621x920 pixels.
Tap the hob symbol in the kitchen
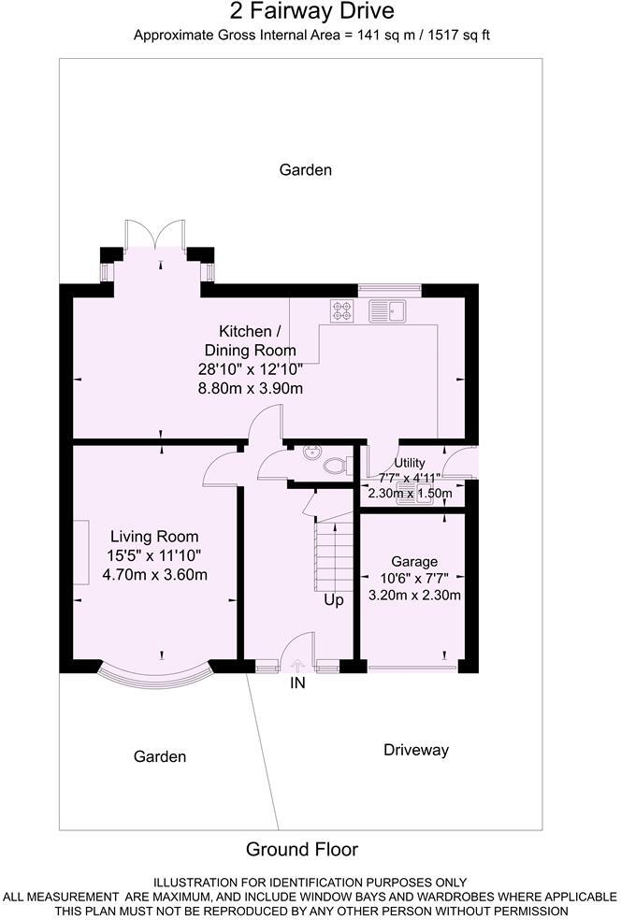pos(340,310)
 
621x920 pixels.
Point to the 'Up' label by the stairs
pos(333,599)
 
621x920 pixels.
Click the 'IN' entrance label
pos(298,683)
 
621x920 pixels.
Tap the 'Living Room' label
pos(154,537)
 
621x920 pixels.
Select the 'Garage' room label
pos(414,561)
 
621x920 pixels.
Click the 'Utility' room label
pos(410,463)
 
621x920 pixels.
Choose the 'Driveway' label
pos(416,750)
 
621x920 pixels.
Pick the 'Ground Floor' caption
pos(301,849)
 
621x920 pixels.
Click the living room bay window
pos(154,675)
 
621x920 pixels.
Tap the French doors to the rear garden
pos(155,234)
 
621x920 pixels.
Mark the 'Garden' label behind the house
pos(306,170)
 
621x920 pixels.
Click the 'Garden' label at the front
pos(159,756)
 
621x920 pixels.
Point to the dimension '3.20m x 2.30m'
pos(414,595)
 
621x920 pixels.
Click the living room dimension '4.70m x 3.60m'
pos(154,574)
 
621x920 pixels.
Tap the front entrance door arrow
pos(298,666)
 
